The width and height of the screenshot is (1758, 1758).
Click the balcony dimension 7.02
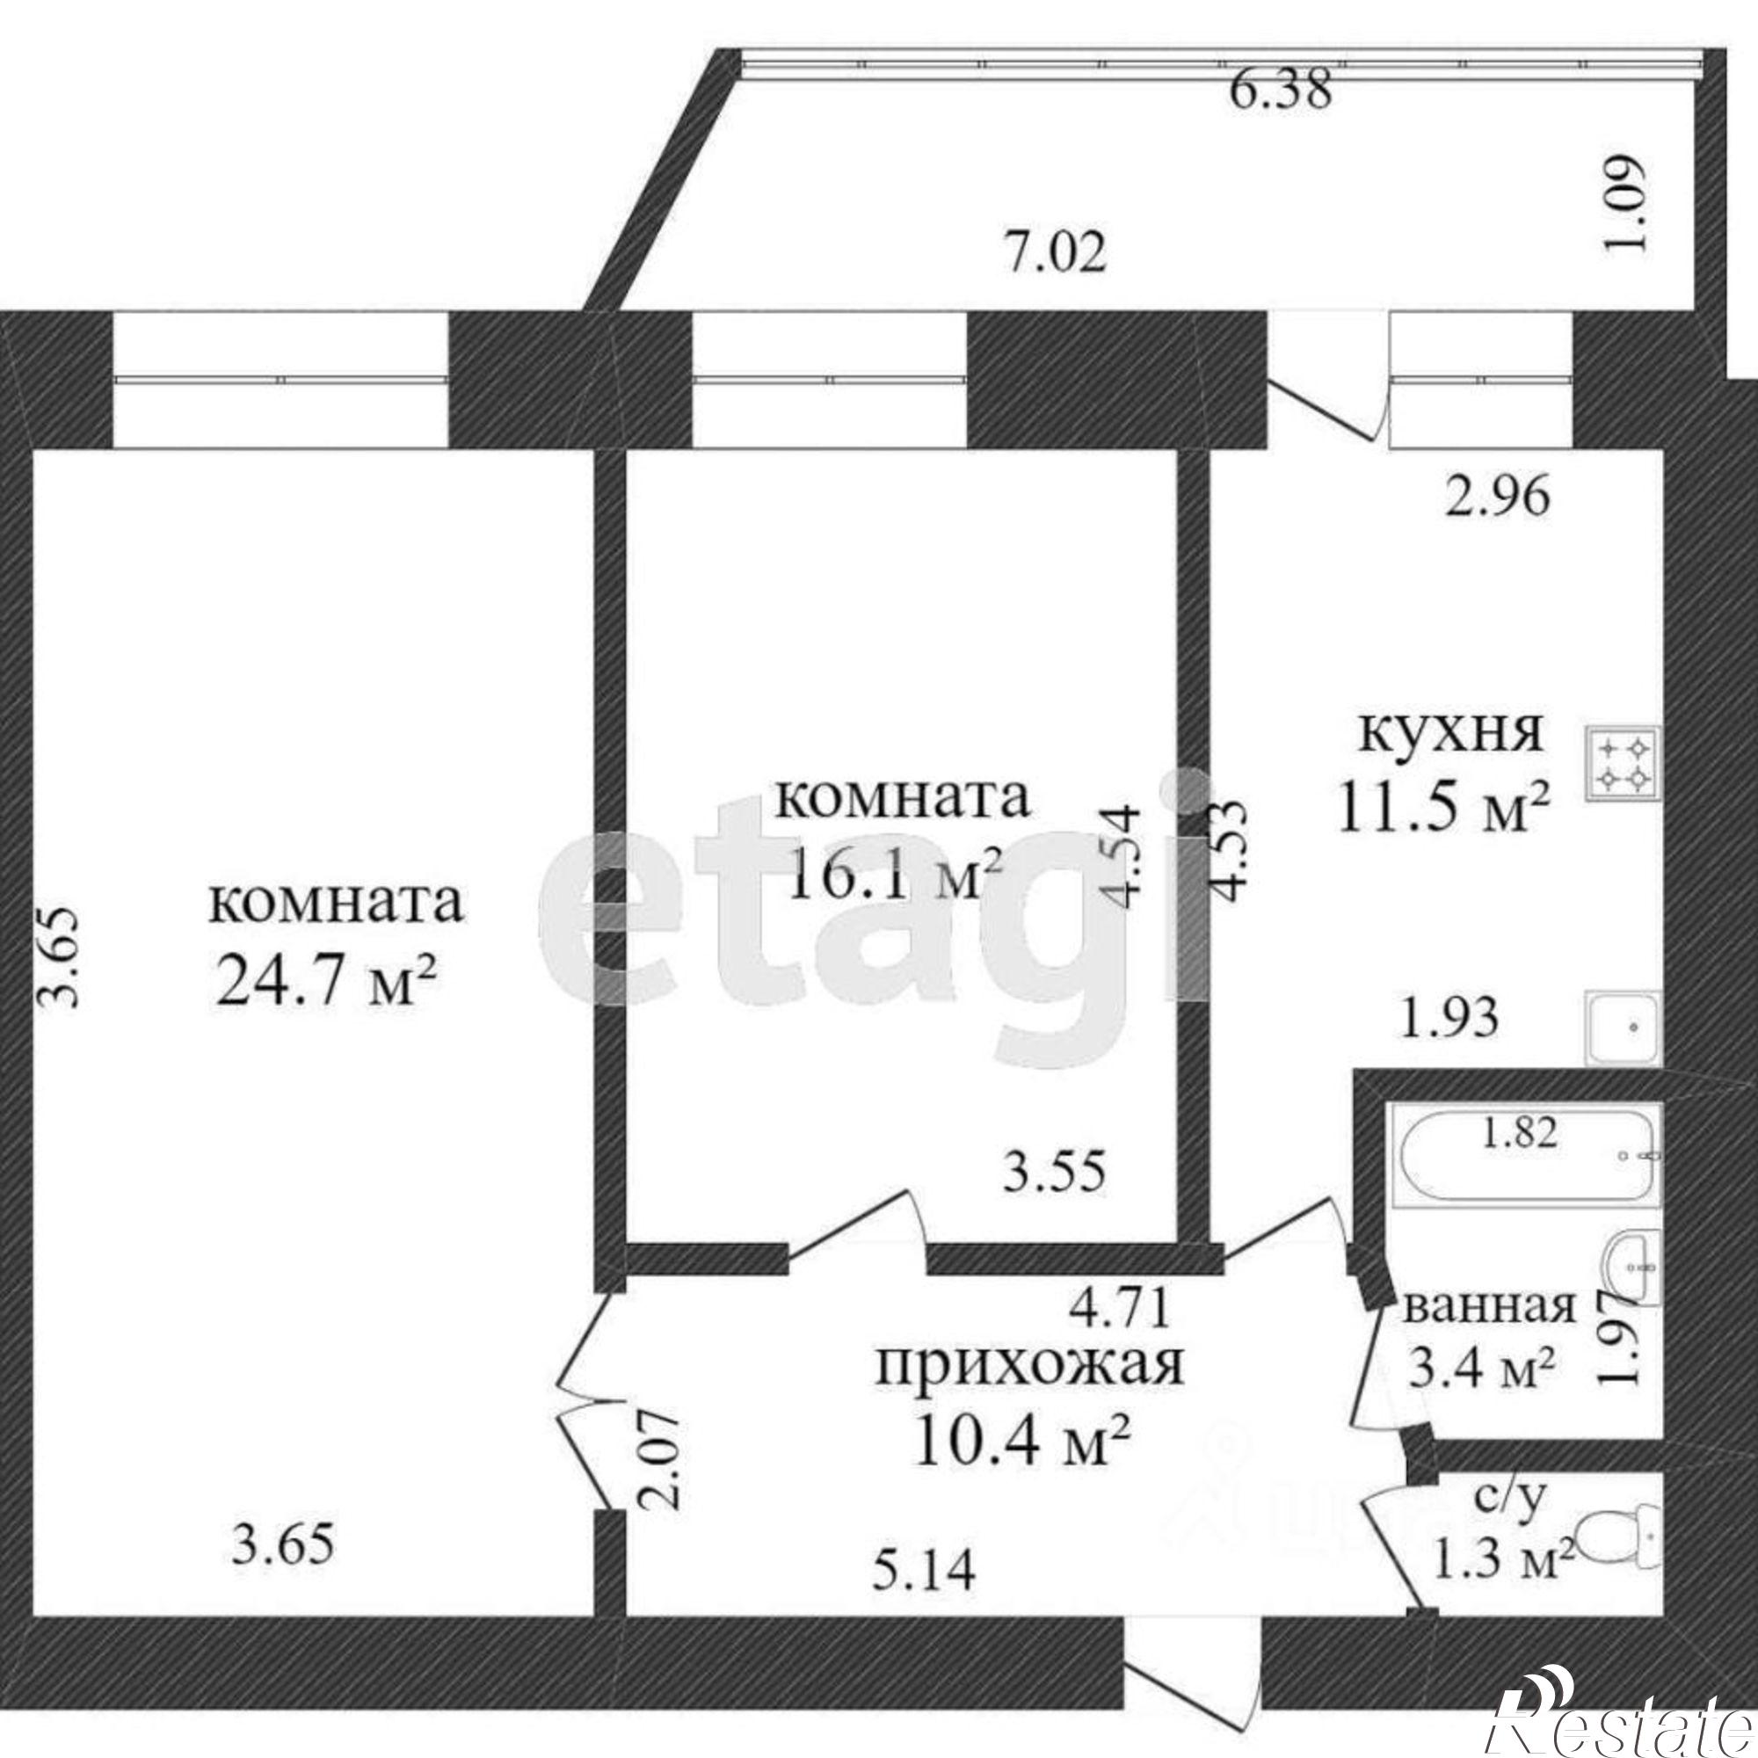pos(1057,254)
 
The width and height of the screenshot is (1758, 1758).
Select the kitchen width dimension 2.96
pos(1497,498)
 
